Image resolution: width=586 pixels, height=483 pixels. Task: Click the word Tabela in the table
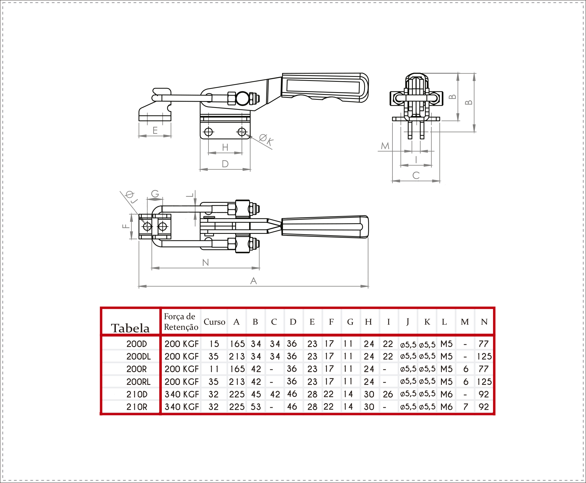130,328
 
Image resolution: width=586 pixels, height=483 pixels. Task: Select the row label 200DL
138,357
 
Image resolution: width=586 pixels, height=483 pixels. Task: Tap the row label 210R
137,407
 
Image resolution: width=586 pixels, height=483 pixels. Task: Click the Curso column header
214,322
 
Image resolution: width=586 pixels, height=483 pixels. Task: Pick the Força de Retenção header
181,322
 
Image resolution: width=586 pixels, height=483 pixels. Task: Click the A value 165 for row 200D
237,344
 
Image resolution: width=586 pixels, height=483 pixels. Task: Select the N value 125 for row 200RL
484,382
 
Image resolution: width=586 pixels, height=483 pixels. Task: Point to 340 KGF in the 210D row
182,394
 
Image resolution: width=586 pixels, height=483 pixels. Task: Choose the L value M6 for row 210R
447,407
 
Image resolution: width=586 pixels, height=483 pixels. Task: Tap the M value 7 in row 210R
466,407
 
